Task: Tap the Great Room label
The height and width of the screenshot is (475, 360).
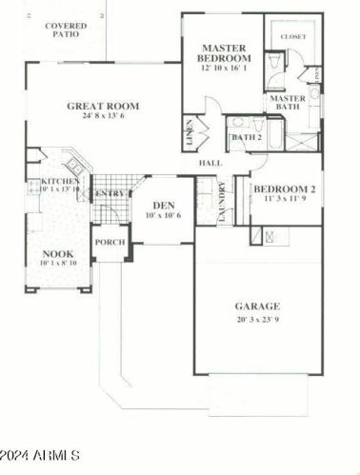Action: coord(103,107)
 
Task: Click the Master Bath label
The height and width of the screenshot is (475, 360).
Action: coord(287,103)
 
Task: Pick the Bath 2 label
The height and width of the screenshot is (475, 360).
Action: coord(247,138)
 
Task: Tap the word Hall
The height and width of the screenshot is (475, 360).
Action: coord(210,164)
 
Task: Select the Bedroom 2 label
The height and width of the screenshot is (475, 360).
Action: coord(284,189)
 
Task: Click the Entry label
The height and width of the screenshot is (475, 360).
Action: coord(110,194)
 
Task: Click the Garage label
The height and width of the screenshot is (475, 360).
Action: coord(257,307)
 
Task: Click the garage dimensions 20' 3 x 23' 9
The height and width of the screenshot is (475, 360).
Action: coord(257,320)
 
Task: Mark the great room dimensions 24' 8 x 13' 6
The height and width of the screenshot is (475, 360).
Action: coord(103,120)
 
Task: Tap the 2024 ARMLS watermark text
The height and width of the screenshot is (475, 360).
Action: coord(41,456)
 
